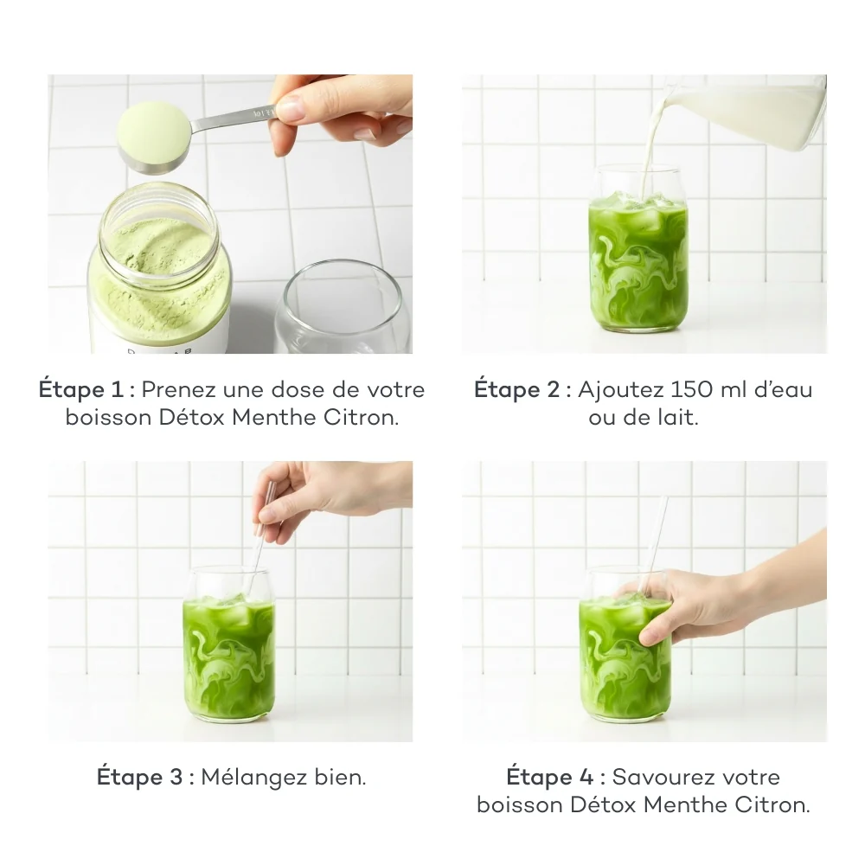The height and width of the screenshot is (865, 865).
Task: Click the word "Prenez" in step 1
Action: pos(177,389)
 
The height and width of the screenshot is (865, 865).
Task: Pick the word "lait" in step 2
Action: pos(678,418)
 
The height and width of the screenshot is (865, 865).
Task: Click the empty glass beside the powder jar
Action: pos(342,307)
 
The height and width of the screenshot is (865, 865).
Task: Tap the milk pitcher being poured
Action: pos(753,112)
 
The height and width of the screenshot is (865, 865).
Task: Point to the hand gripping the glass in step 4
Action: pos(701,605)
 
